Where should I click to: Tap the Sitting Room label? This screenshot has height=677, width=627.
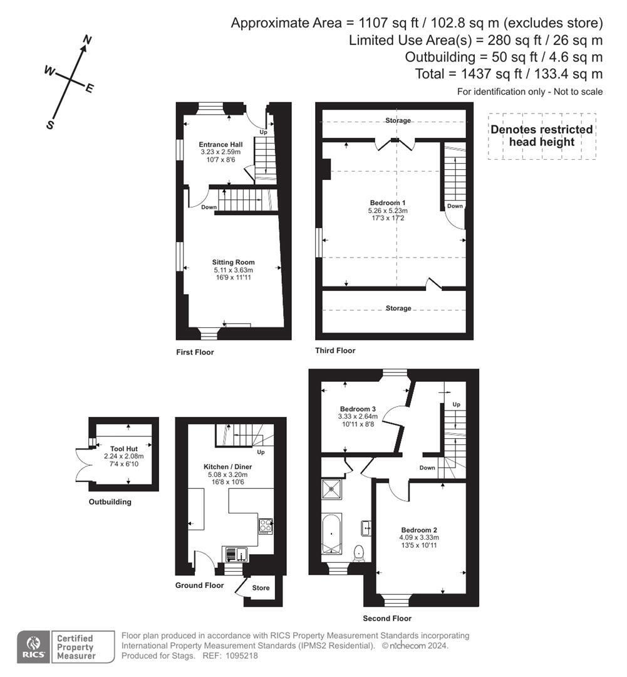pyautogui.click(x=233, y=262)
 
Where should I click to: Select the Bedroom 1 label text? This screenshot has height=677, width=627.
pyautogui.click(x=388, y=202)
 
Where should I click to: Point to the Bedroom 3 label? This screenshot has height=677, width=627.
pyautogui.click(x=358, y=409)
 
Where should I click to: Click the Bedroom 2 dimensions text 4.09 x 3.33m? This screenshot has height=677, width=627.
pyautogui.click(x=419, y=538)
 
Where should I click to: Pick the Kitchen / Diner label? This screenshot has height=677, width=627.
pyautogui.click(x=228, y=467)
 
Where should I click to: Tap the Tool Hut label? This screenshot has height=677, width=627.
pyautogui.click(x=123, y=448)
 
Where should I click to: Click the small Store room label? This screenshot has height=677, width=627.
pyautogui.click(x=261, y=588)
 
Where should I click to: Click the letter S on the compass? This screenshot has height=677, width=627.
pyautogui.click(x=50, y=125)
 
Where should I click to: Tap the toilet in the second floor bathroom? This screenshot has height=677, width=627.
pyautogui.click(x=359, y=552)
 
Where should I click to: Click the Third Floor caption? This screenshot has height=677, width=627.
pyautogui.click(x=335, y=350)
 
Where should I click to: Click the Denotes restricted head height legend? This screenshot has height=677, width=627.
pyautogui.click(x=542, y=136)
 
